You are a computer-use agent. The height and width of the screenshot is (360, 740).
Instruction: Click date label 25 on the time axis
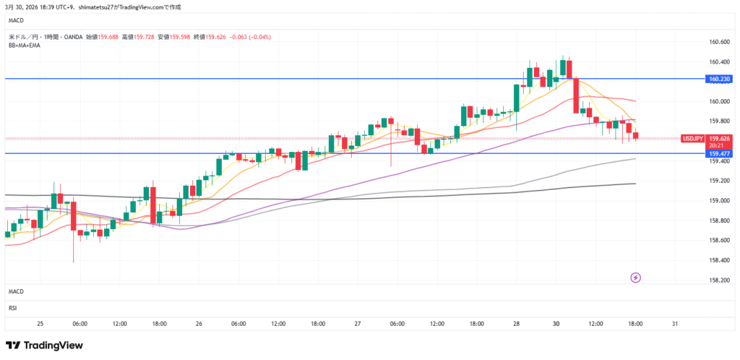point(40,323)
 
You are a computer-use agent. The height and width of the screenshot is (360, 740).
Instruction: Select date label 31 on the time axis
point(674,323)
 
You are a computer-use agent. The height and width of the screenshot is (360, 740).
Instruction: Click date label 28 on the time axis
point(516,323)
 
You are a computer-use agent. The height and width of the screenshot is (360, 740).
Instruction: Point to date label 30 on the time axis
point(556,323)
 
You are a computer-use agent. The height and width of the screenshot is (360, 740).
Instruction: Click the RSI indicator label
point(13,307)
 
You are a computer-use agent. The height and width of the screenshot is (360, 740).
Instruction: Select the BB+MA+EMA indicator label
point(25,46)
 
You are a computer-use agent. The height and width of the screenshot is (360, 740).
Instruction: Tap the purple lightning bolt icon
point(635,277)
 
